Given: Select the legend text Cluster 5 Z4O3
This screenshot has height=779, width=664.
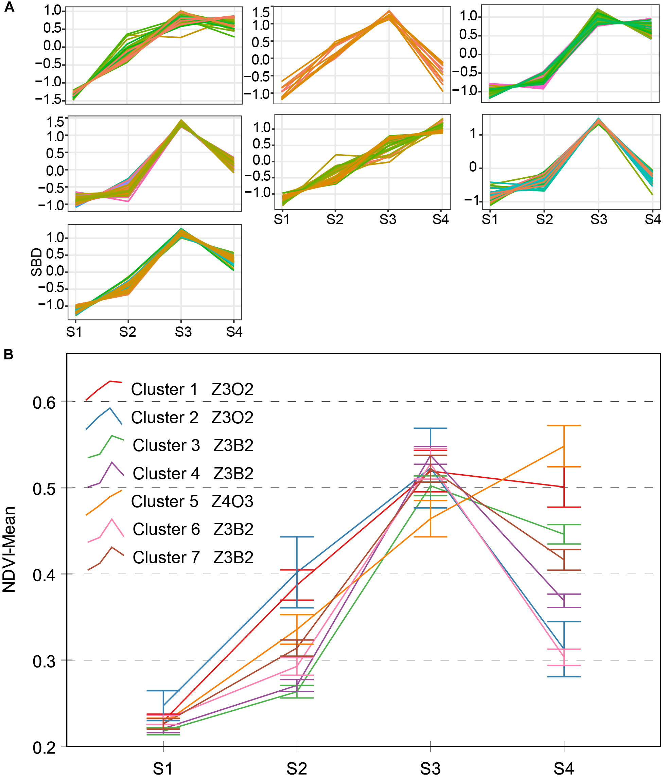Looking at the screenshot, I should coord(192,501).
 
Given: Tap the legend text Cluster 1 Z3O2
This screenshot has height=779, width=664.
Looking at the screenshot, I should coord(192,389).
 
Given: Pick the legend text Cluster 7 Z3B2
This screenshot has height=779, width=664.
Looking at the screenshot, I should coord(193,557).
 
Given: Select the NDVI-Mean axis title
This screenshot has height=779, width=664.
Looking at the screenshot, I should coord(9,549).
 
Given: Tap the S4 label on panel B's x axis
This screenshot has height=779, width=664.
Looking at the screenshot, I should coord(564,768).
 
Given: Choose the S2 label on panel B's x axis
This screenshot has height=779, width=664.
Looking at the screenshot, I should coord(297,768).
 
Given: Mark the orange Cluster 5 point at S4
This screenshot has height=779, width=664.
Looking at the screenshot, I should coord(564,446).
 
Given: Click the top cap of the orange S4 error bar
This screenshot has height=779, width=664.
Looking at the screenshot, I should coord(564,426).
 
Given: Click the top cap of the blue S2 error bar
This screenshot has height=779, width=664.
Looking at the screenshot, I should coord(297,537).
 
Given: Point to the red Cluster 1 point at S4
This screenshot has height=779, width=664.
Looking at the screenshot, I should coord(564,487).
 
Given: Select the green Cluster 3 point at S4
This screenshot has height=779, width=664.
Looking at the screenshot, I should coord(564,534).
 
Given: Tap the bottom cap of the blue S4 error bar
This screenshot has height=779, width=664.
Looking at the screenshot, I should coord(564,677).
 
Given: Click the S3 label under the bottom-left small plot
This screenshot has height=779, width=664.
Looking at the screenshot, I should coord(183,332).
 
